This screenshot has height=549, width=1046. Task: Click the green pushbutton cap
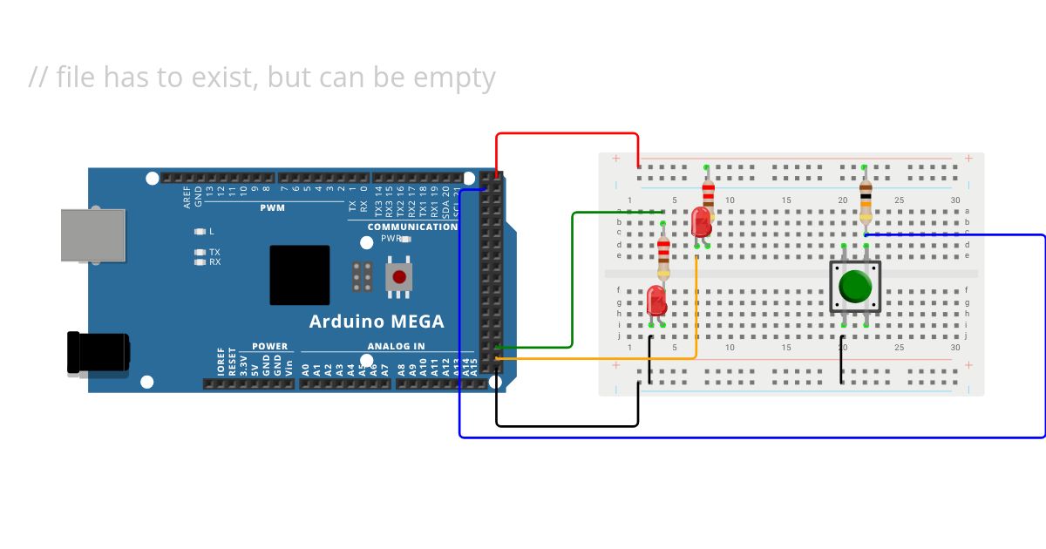(x=855, y=286)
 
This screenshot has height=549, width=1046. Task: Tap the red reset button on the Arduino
(x=399, y=277)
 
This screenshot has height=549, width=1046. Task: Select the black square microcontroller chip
(x=300, y=274)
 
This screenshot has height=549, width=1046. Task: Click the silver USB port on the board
(x=92, y=235)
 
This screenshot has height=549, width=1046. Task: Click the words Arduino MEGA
(x=377, y=322)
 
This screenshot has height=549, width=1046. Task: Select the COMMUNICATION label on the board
(x=412, y=227)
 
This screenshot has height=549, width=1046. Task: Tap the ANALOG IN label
(x=396, y=346)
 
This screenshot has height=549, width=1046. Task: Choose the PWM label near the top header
(x=272, y=208)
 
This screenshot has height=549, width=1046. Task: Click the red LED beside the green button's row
(x=657, y=302)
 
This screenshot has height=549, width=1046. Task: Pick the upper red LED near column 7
(x=701, y=221)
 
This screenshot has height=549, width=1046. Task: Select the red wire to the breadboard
(x=567, y=134)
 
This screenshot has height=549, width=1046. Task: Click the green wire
(x=572, y=279)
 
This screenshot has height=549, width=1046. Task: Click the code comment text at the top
(x=261, y=77)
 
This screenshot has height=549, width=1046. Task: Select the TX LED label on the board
(x=214, y=252)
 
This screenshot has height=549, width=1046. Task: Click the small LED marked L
(x=200, y=232)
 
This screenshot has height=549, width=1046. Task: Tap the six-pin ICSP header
(x=363, y=276)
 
